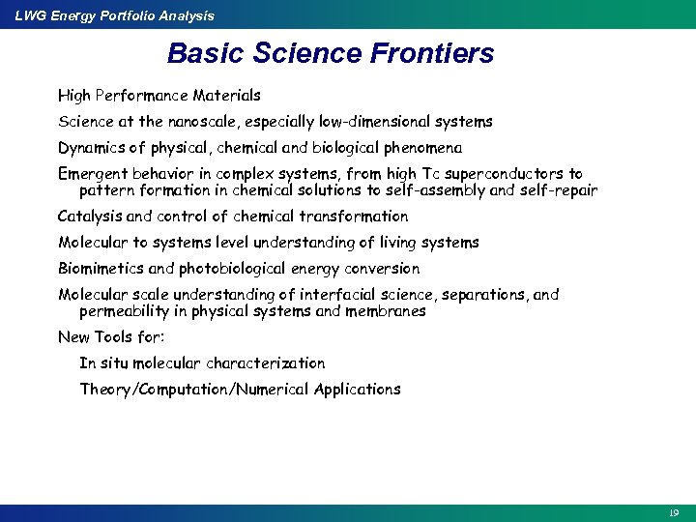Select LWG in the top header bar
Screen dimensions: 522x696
(x=31, y=15)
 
